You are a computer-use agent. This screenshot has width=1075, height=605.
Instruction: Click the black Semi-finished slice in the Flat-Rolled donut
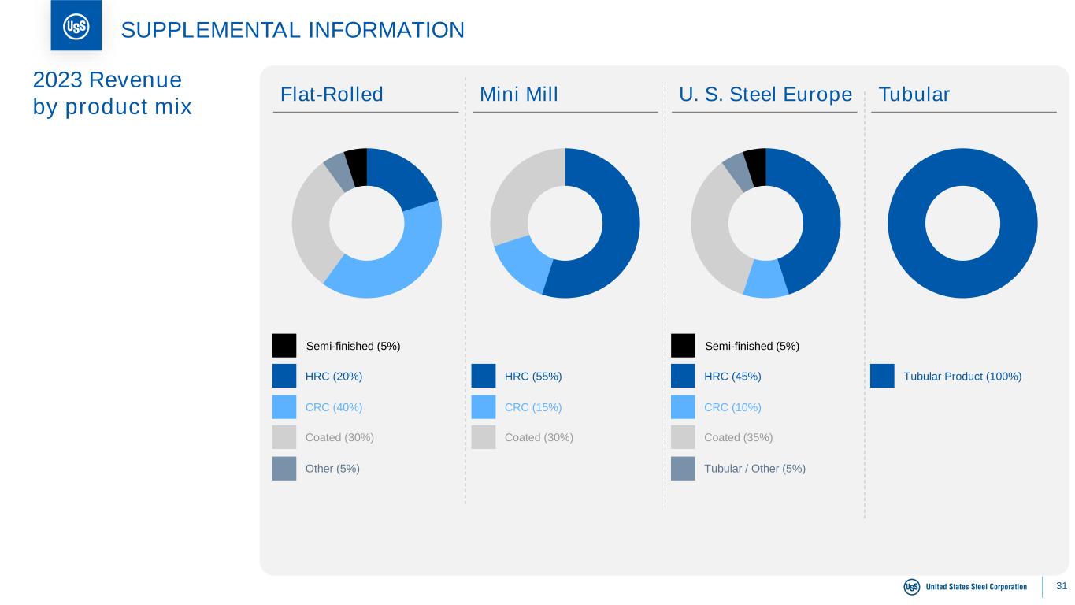click(x=357, y=167)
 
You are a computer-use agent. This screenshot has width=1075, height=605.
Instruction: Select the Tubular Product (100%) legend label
click(x=962, y=377)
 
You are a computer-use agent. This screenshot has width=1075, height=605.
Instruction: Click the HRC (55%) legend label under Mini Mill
click(x=532, y=377)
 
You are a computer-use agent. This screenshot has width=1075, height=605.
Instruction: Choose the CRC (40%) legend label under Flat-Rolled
click(x=334, y=407)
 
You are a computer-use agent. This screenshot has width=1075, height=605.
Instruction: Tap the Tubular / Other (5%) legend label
click(x=754, y=469)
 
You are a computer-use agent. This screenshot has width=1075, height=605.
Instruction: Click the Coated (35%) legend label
click(x=738, y=437)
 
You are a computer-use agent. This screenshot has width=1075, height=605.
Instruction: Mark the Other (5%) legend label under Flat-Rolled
click(x=332, y=469)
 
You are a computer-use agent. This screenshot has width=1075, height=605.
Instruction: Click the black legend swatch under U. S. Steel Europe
click(x=683, y=346)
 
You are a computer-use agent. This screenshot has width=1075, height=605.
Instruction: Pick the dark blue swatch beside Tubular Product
click(x=882, y=376)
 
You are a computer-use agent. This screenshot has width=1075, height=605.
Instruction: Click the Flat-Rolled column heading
click(x=332, y=94)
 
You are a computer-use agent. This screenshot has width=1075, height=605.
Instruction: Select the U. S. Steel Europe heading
click(x=765, y=94)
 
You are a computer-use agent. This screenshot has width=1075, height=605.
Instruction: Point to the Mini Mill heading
click(x=519, y=94)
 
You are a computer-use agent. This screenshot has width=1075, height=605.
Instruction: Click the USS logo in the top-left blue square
click(x=76, y=27)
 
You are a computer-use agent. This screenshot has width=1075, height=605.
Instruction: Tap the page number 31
click(x=1062, y=586)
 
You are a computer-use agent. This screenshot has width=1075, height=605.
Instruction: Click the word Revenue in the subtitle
click(x=135, y=80)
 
